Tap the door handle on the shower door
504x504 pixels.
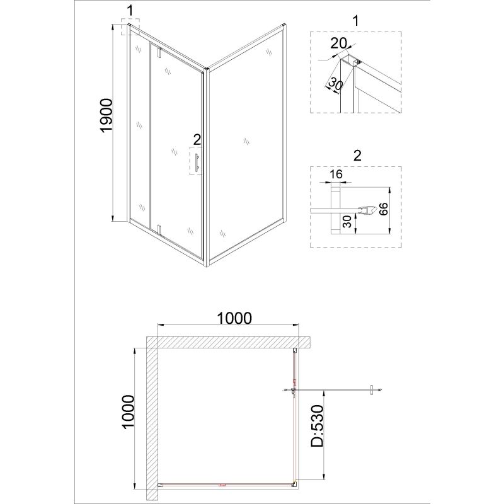pos(197,162)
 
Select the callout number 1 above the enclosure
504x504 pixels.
pos(130,10)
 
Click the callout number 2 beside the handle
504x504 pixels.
pos(197,139)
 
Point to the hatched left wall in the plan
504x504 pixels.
pos(152,416)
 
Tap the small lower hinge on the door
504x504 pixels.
pos(161,229)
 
